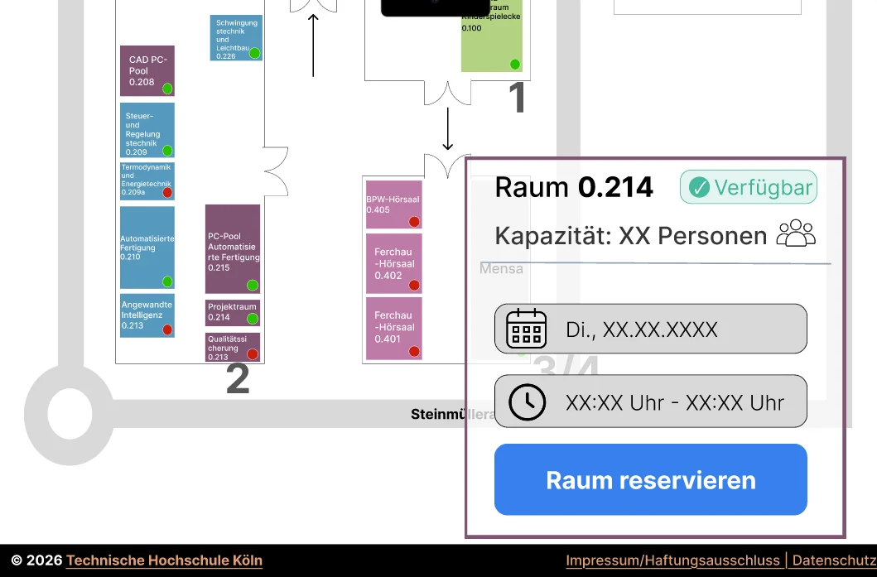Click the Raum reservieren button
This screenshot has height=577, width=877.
point(650,480)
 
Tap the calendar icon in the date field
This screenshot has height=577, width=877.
point(527,329)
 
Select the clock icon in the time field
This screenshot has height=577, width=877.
point(527,401)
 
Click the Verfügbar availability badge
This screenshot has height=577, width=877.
point(749,187)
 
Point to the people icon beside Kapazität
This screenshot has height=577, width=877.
point(796,233)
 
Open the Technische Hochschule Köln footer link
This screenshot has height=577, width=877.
point(164,560)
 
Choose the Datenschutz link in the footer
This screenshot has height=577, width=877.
point(833,560)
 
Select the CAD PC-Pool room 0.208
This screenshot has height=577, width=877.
point(147,70)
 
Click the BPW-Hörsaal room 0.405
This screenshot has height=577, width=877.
point(394,204)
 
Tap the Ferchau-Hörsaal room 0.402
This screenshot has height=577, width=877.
point(394,263)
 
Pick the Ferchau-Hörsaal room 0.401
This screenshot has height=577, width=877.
point(394,328)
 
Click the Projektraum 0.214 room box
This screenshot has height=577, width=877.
point(232,313)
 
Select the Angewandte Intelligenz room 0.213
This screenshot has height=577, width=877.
point(147,315)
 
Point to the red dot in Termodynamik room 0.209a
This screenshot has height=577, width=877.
point(167,192)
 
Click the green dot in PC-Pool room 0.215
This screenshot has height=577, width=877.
point(253,285)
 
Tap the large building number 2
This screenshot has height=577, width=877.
point(238,378)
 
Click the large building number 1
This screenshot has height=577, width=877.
point(517,99)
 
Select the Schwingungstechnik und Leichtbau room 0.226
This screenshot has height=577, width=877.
point(236,38)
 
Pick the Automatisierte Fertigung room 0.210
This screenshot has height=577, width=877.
point(147,247)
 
